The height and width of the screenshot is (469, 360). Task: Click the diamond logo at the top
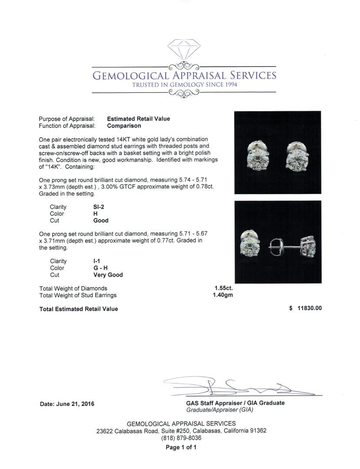click(x=184, y=51)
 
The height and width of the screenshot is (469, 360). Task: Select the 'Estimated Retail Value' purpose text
click(x=139, y=119)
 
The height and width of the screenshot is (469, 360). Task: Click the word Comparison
click(x=124, y=126)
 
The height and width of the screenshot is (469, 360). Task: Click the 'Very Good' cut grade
click(x=108, y=275)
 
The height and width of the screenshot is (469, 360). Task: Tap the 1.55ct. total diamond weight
click(x=224, y=288)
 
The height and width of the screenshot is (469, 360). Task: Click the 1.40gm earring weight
click(x=224, y=295)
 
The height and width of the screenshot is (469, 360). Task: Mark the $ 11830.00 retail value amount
click(x=305, y=308)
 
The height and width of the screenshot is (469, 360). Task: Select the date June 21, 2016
click(x=67, y=404)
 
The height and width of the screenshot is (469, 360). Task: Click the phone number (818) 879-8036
click(x=181, y=438)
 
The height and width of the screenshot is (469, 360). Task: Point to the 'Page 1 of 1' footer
click(x=181, y=447)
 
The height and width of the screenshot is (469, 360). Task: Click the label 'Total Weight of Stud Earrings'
click(x=78, y=295)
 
